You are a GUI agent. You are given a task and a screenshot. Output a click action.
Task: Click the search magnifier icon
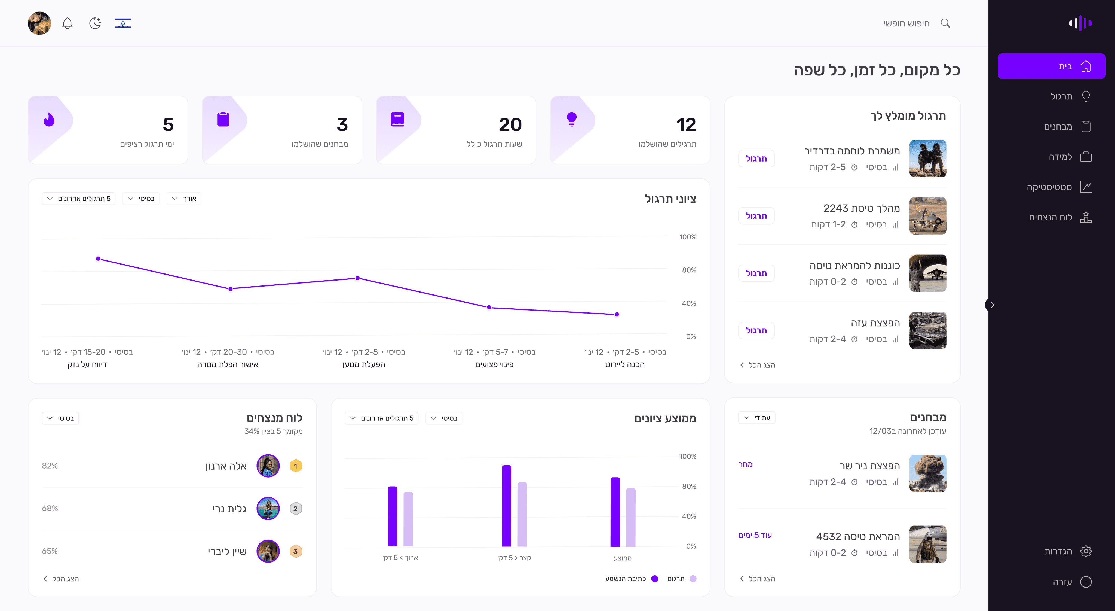(945, 23)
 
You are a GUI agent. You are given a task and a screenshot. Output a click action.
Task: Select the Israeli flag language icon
(123, 23)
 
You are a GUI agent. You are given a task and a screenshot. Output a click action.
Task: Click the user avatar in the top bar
(39, 23)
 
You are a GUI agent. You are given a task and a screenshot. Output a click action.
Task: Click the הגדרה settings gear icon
(1086, 551)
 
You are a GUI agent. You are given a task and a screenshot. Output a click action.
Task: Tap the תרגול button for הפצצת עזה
(756, 330)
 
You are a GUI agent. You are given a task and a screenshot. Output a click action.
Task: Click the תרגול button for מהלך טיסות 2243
(756, 216)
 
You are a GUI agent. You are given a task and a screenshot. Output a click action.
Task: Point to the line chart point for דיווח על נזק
(98, 259)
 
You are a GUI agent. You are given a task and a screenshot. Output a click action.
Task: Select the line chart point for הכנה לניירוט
(617, 314)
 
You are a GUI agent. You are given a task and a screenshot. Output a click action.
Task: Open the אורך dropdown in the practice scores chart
(184, 199)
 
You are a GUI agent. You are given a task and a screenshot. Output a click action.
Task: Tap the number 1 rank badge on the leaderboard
(296, 466)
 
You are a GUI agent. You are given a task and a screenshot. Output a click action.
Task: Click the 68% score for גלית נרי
(50, 508)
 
